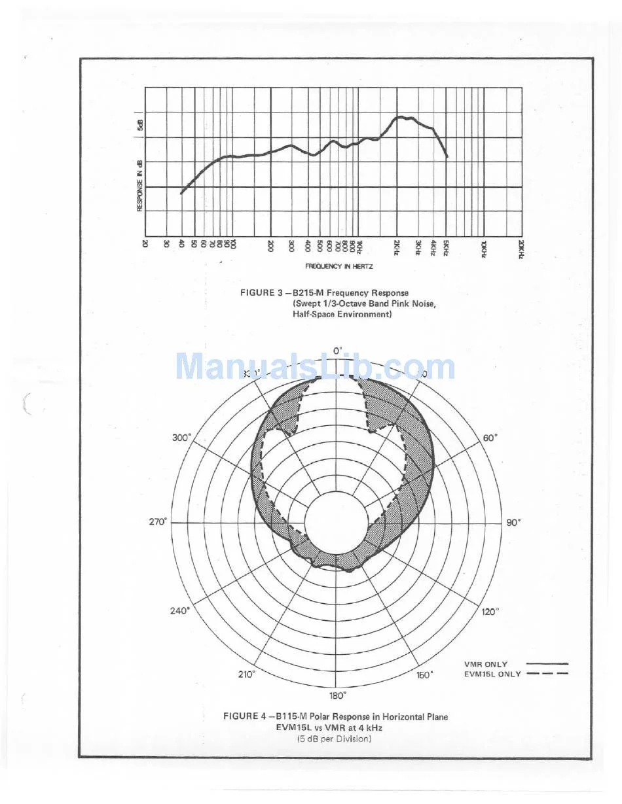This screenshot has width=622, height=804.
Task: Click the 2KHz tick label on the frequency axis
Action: (397, 247)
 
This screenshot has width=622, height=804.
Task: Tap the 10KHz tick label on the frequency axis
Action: (484, 248)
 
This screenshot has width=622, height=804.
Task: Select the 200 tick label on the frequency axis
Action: (270, 245)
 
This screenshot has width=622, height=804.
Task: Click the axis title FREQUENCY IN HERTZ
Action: (338, 266)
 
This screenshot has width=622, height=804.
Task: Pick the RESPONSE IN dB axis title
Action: (139, 186)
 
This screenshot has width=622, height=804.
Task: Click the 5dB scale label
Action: (139, 126)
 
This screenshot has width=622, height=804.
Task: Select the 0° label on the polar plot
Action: (338, 351)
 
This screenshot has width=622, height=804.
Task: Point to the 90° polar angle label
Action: (513, 523)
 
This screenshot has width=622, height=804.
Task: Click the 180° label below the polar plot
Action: (338, 695)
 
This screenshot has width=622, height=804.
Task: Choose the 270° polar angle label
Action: (158, 522)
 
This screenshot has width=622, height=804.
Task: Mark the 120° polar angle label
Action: (490, 611)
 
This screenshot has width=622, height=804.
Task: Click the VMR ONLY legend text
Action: (485, 664)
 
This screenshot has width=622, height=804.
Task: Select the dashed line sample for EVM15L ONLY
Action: (547, 674)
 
